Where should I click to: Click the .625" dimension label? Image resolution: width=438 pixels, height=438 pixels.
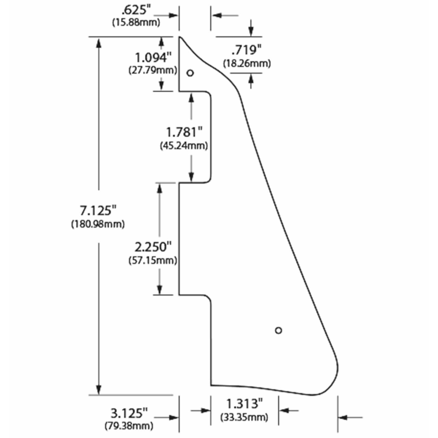[136, 10]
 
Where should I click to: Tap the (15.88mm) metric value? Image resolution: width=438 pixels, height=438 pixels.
[136, 22]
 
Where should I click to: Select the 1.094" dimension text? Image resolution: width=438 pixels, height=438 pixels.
[153, 57]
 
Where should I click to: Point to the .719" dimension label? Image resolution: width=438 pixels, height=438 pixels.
[246, 50]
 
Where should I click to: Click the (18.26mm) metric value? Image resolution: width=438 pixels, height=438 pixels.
[247, 64]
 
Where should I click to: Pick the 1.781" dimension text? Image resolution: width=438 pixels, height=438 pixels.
[184, 132]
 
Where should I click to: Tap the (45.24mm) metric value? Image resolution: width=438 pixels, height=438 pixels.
[184, 146]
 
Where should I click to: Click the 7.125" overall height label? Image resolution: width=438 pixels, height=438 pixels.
[98, 211]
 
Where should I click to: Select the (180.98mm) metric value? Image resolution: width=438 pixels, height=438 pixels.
[98, 224]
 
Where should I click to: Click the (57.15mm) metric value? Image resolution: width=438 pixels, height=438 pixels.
[153, 260]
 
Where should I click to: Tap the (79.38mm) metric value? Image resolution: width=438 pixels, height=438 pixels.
[129, 426]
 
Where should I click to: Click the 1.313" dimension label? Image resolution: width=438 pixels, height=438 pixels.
[244, 404]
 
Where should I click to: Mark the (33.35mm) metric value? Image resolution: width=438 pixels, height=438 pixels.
[244, 417]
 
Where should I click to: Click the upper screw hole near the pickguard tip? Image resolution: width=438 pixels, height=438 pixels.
[190, 73]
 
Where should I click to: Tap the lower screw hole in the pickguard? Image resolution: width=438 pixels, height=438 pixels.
[278, 330]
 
